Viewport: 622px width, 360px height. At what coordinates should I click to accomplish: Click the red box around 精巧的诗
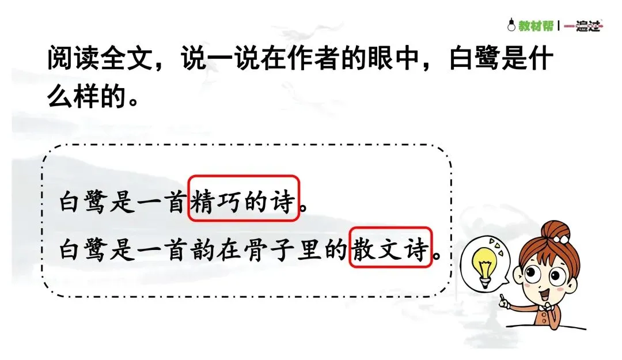point(244,199)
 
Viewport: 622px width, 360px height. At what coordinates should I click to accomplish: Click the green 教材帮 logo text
point(536,26)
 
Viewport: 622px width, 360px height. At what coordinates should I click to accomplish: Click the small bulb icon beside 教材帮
point(510,25)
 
